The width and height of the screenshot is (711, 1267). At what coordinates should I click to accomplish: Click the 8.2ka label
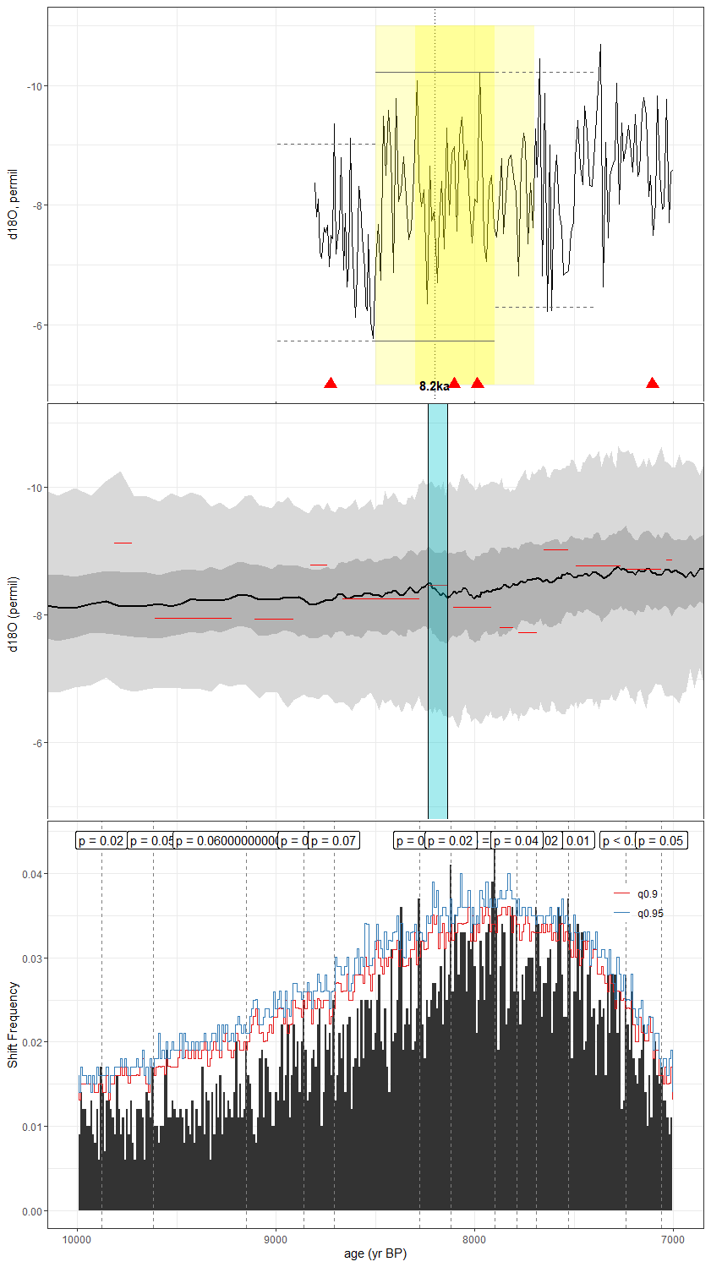(x=434, y=386)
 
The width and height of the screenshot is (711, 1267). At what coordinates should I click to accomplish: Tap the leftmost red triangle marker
(x=331, y=383)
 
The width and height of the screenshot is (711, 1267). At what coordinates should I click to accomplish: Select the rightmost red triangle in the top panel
(x=652, y=383)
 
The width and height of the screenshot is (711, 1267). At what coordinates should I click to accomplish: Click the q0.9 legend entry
(x=647, y=893)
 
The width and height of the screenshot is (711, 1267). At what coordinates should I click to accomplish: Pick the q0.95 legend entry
(x=649, y=913)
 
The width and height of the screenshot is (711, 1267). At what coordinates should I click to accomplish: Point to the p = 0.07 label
(x=333, y=840)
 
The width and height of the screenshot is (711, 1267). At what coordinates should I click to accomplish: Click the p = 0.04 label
(x=516, y=840)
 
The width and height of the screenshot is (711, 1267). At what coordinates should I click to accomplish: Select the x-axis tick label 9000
(x=276, y=1240)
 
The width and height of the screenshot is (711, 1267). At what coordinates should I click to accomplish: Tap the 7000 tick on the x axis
(x=672, y=1240)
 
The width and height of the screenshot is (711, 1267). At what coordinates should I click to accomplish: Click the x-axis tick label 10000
(x=77, y=1240)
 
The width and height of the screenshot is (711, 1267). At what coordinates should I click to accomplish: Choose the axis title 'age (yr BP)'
(x=375, y=1253)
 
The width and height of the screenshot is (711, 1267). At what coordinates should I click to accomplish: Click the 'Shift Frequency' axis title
(x=13, y=1024)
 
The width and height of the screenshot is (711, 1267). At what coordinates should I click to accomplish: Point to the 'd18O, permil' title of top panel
(x=13, y=204)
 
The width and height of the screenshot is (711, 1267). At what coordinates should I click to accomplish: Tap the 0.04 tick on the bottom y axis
(x=32, y=874)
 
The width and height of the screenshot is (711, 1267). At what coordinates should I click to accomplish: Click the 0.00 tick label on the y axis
(x=32, y=1211)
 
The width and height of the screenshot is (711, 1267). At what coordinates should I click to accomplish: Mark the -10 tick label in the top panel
(x=35, y=86)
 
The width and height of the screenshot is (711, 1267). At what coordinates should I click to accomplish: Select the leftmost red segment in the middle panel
(x=123, y=543)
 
